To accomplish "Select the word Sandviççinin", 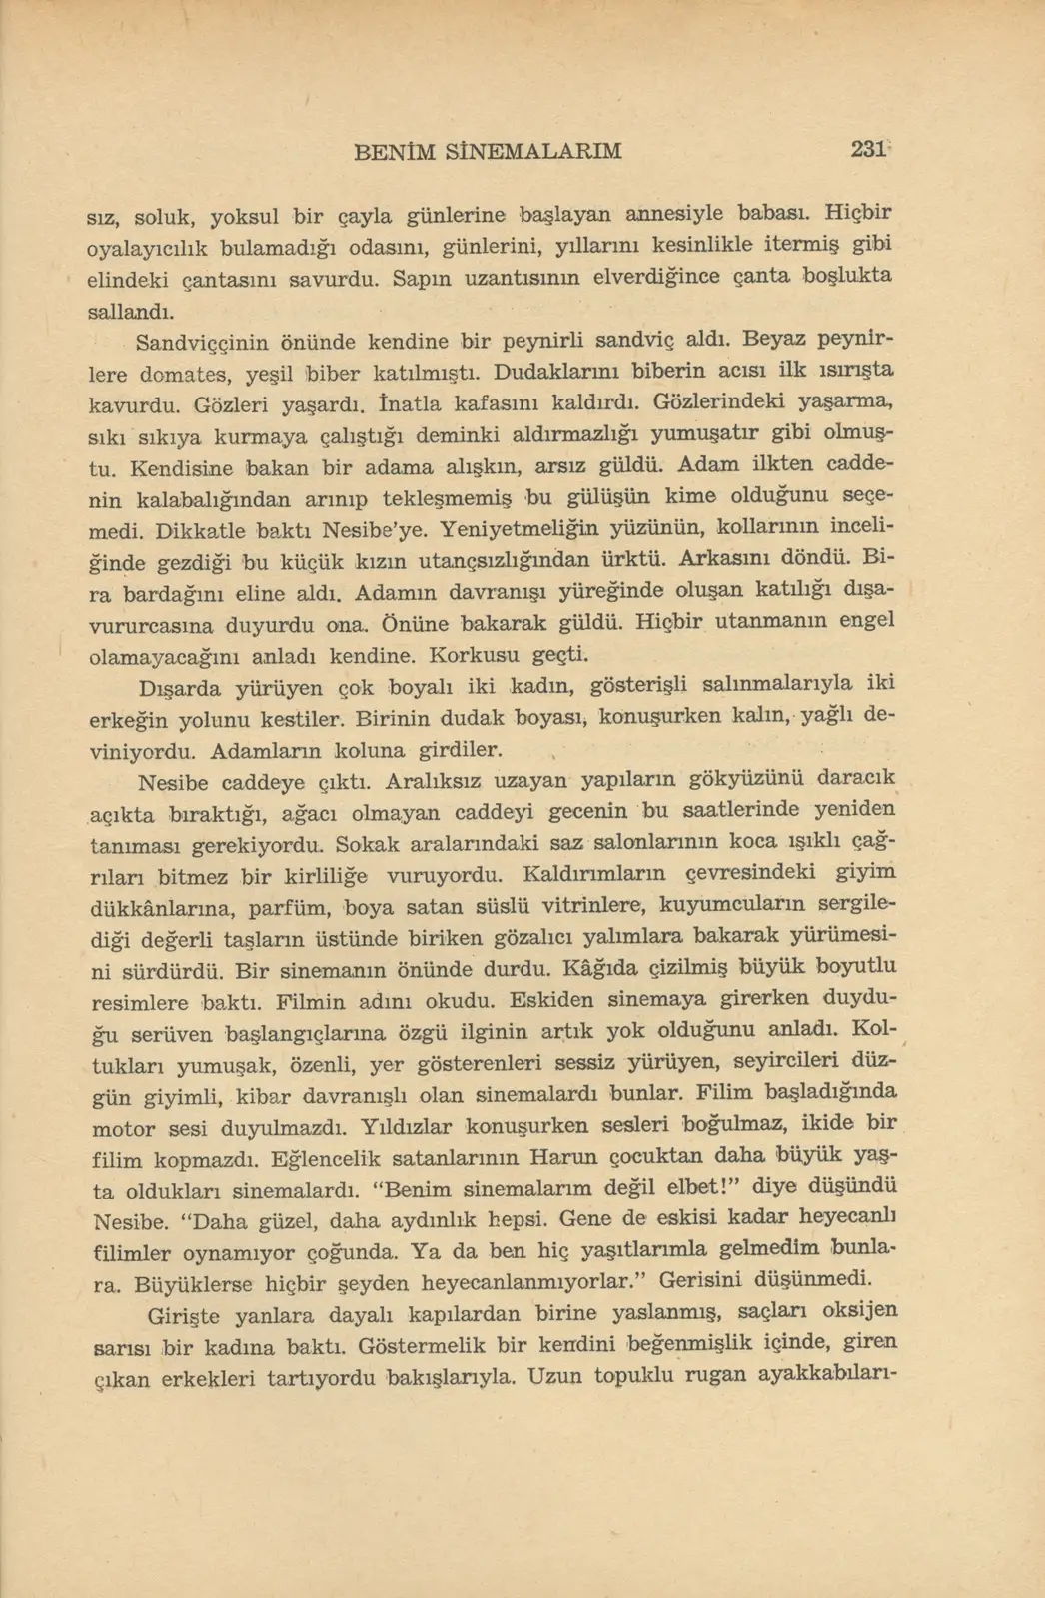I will point(201,344).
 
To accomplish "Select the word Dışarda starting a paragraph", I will point(175,688).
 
